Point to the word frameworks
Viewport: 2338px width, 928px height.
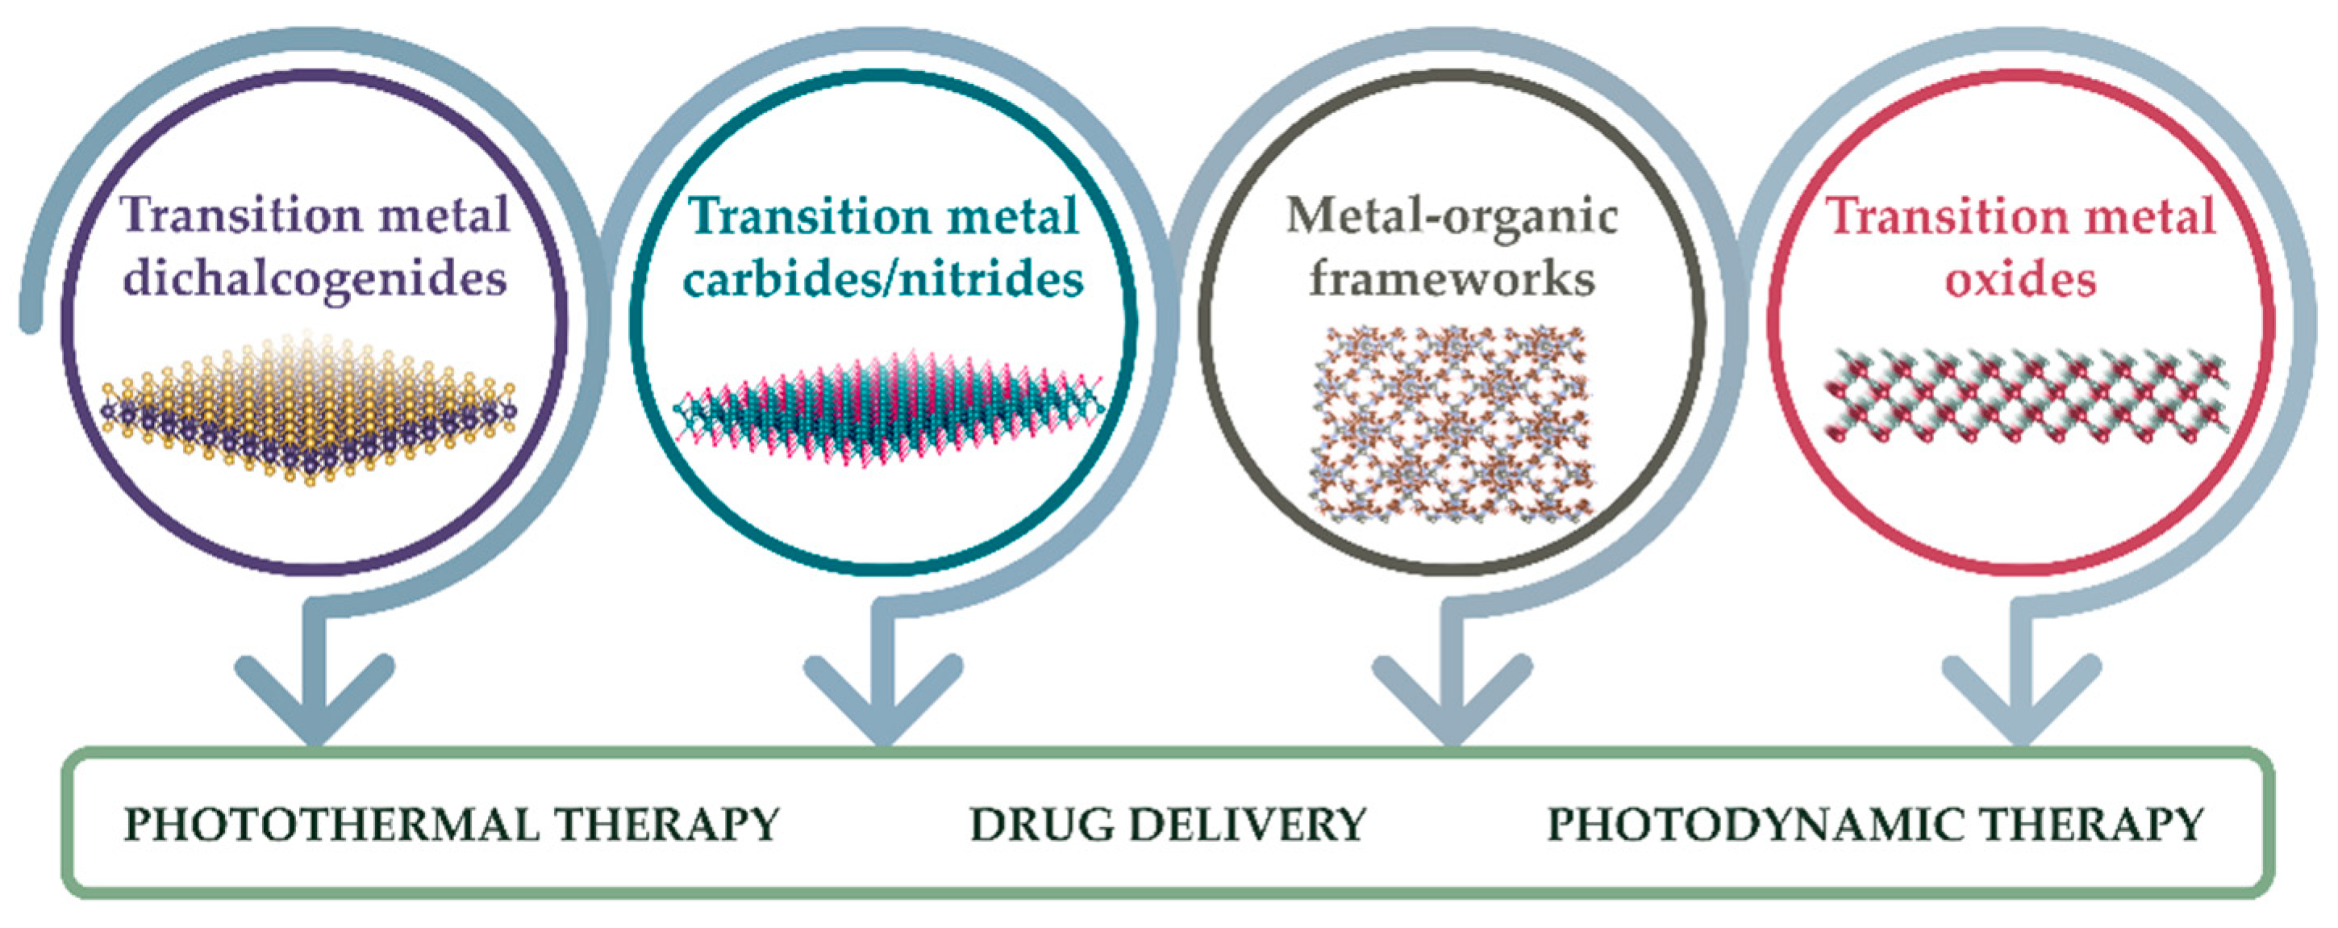[x=1452, y=278]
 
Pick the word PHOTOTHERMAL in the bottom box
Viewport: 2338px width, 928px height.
[x=332, y=826]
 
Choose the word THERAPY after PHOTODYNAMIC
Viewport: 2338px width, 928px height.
[x=2091, y=826]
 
